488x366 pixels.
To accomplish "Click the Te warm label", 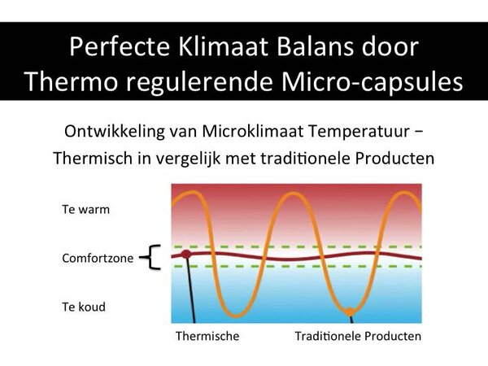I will (85, 209).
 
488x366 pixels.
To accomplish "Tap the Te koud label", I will (84, 307).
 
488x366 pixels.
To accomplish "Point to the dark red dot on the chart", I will (185, 255).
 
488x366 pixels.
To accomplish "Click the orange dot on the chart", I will (349, 312).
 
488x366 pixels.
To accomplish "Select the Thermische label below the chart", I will (207, 336).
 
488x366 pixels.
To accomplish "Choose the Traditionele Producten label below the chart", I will (358, 336).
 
